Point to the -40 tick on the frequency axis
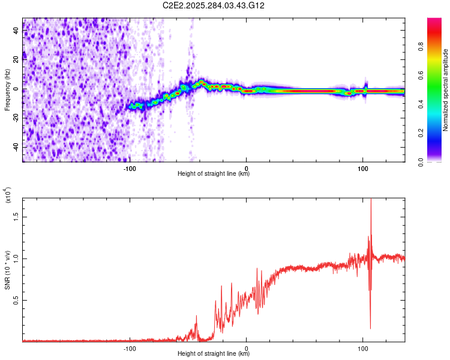16,147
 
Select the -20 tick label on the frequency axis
16,118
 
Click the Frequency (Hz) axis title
7,89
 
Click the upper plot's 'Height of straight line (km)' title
214,174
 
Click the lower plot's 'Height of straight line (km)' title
214,354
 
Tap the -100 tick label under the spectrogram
130,168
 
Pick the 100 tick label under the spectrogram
362,168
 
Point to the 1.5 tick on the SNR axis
16,217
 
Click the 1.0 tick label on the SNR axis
16,258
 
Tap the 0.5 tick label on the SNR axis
16,299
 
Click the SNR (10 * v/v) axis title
8,267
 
